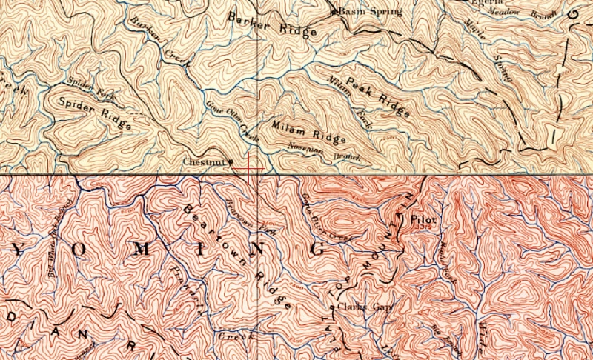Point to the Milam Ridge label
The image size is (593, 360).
point(308,131)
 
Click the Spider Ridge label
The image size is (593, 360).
point(90,113)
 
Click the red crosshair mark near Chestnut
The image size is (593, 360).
point(251,168)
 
